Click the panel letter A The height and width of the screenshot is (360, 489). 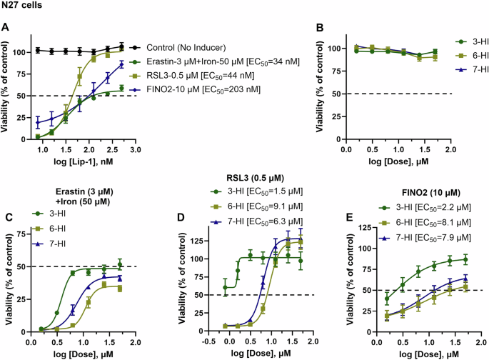(x=6, y=27)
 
